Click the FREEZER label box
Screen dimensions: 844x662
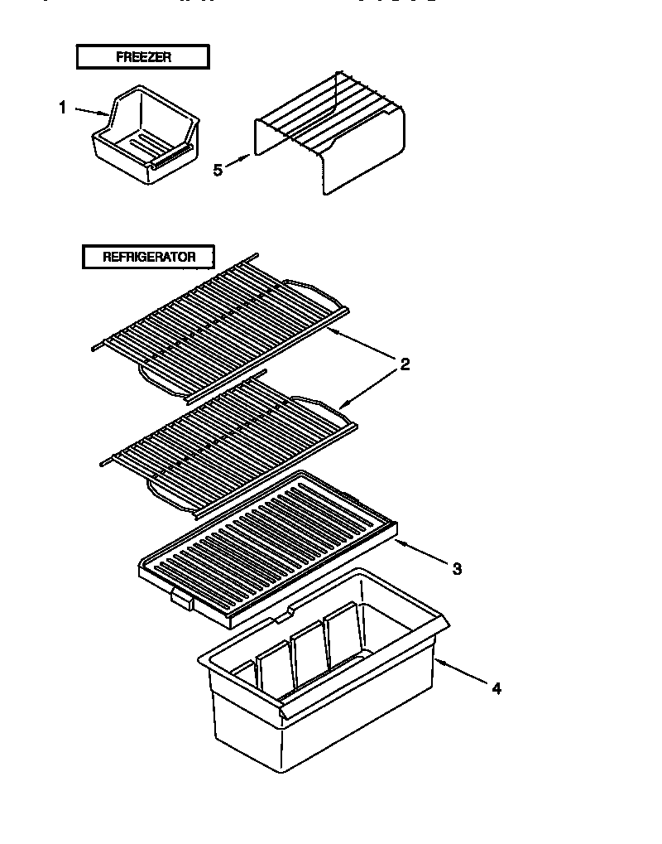pos(142,57)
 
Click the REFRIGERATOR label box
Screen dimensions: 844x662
pos(149,257)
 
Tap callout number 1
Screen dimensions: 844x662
pos(61,107)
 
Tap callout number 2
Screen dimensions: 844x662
pos(405,364)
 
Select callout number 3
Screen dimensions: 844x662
pos(456,568)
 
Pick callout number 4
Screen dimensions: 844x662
pos(496,687)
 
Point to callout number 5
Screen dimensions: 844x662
pos(218,170)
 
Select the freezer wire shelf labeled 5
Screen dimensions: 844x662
pos(331,133)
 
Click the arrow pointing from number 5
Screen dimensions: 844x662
pos(237,162)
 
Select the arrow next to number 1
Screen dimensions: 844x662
pos(89,110)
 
